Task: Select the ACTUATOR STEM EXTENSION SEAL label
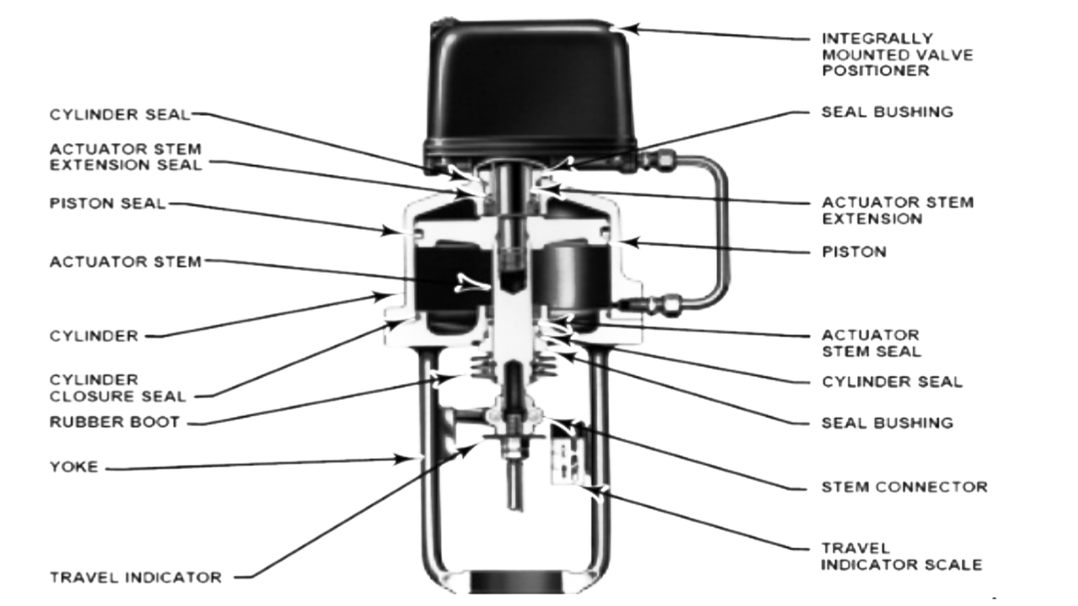pos(125,157)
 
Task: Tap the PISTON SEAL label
pos(108,204)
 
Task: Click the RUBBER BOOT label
pos(114,422)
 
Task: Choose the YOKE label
pos(74,466)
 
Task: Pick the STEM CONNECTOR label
pos(904,486)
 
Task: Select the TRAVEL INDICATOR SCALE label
pos(901,556)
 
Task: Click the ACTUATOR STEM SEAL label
pos(871,343)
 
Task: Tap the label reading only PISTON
pos(854,252)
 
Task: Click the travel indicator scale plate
pos(563,454)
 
